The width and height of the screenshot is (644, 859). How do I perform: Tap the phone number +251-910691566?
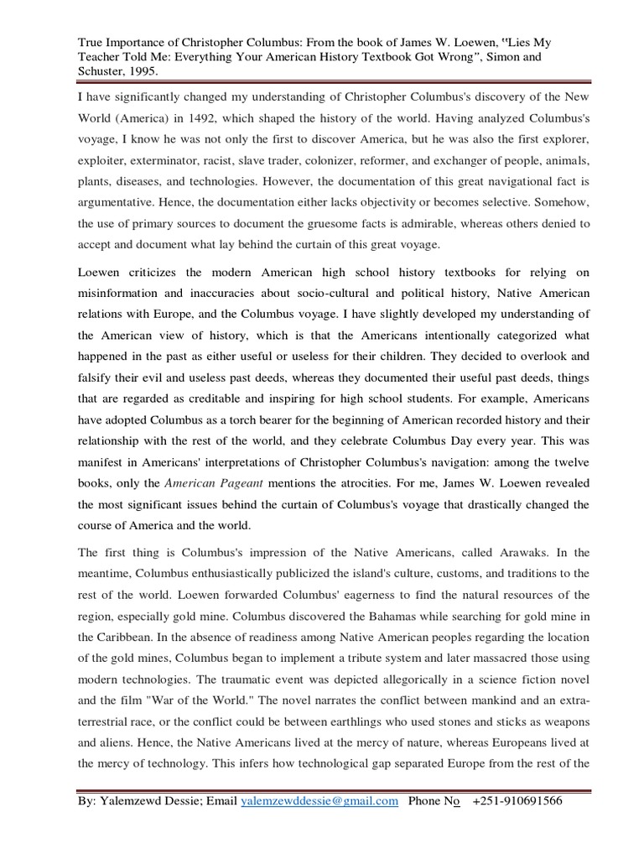pos(517,801)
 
